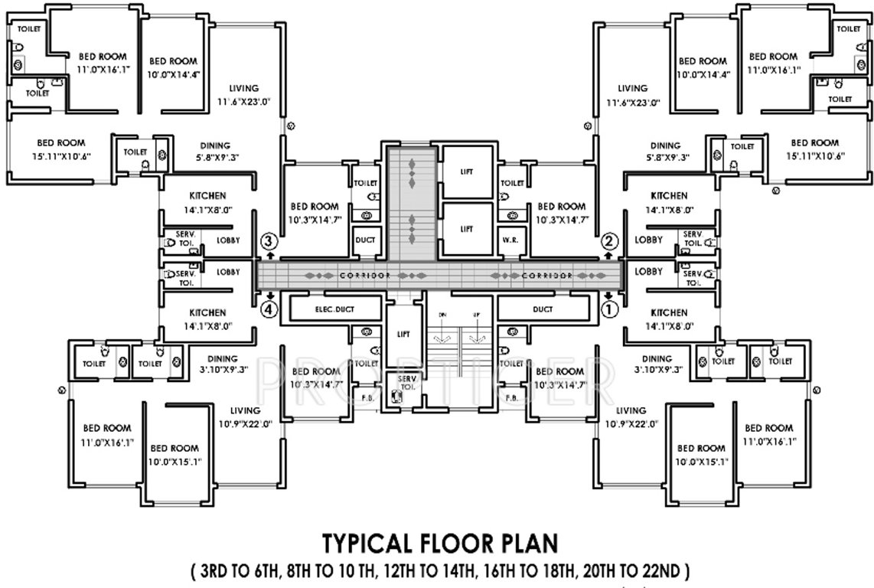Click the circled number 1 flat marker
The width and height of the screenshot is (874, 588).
pos(610,310)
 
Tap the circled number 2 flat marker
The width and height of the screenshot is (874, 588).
pos(610,241)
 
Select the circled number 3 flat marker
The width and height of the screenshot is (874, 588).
pos(268,241)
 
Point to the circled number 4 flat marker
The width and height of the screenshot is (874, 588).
pos(268,310)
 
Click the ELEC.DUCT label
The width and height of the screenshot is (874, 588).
pos(334,309)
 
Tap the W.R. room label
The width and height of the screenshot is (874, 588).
pos(510,240)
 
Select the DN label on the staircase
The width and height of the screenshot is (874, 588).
pos(442,315)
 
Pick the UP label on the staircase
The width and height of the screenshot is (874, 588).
pos(476,315)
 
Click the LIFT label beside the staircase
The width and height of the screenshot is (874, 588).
pos(403,334)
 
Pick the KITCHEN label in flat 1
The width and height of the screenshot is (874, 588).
pos(669,312)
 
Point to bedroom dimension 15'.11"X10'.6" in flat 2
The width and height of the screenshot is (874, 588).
pos(814,157)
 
